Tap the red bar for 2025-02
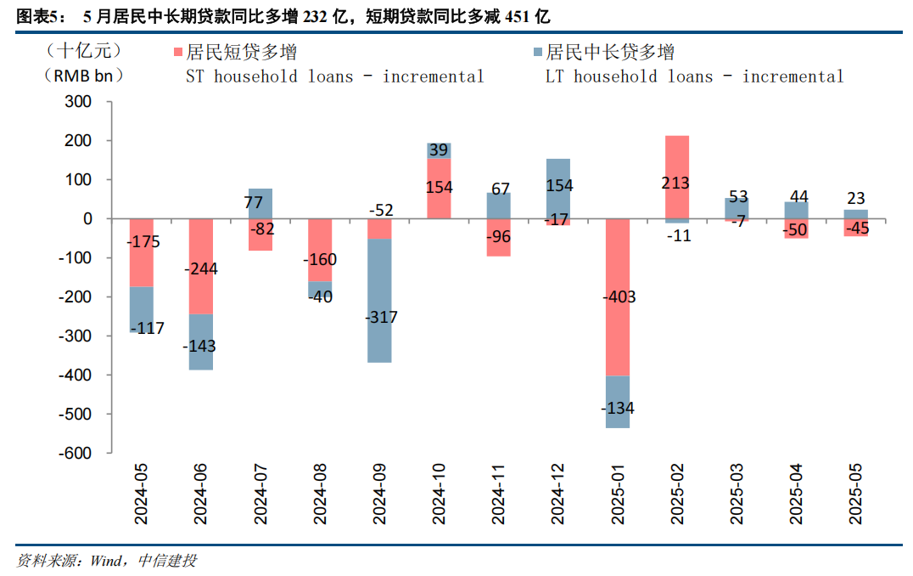676,161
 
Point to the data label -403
617,297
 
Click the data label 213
676,183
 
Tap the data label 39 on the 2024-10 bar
439,150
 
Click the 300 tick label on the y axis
78,102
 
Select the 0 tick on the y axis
87,219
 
